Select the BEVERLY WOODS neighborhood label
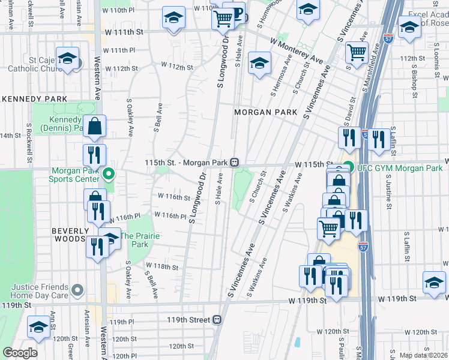[70, 235]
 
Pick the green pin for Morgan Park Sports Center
[109, 175]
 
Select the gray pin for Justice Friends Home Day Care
[77, 290]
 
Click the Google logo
[20, 353]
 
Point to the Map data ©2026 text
[424, 355]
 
